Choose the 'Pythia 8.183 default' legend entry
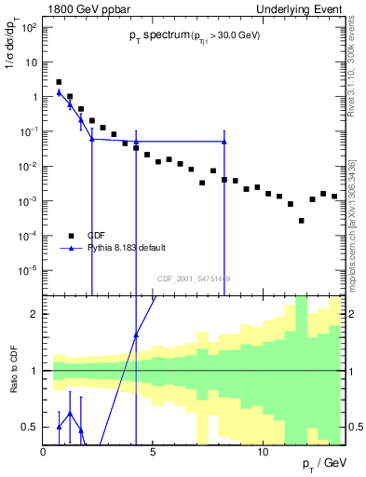click(x=126, y=248)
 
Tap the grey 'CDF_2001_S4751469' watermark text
click(x=194, y=279)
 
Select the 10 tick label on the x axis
click(x=263, y=452)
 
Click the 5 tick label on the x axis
click(x=154, y=452)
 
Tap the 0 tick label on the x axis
click(x=44, y=452)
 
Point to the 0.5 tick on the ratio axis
click(x=32, y=427)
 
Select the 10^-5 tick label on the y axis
click(x=30, y=270)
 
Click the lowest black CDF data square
click(x=301, y=221)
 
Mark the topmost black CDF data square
click(x=59, y=82)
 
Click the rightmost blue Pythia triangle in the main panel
click(x=224, y=142)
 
